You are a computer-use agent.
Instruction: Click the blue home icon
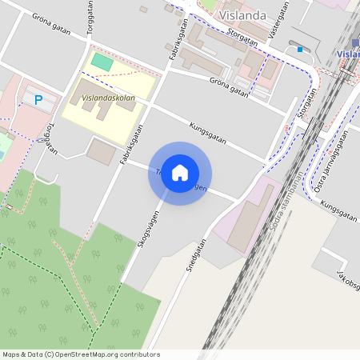pyautogui.click(x=180, y=173)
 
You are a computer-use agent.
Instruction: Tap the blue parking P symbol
pyautogui.click(x=38, y=100)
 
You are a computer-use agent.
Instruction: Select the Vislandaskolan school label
pyautogui.click(x=108, y=98)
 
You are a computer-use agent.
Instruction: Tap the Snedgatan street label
pyautogui.click(x=196, y=256)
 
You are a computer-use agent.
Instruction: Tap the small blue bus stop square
pyautogui.click(x=300, y=50)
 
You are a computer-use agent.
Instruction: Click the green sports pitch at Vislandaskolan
pyautogui.click(x=102, y=61)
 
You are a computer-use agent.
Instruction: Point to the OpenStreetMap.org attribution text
pyautogui.click(x=80, y=354)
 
